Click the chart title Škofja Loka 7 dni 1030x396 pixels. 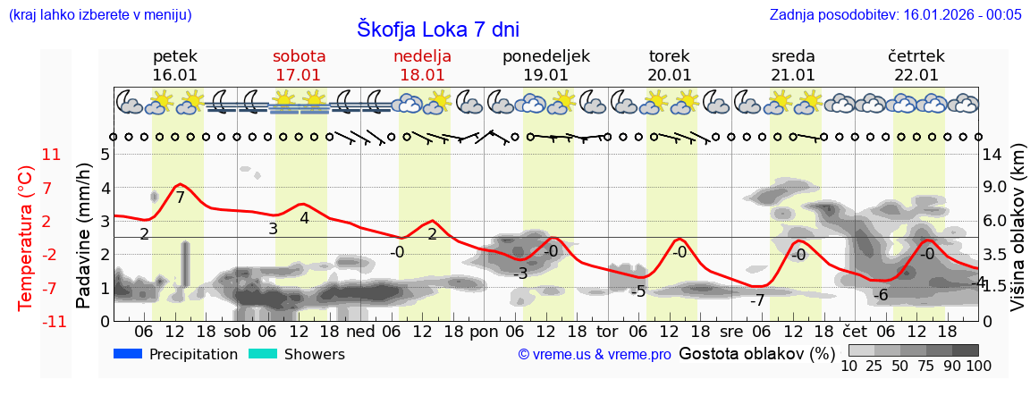(437, 28)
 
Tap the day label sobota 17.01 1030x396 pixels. (299, 65)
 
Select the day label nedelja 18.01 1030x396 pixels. (422, 65)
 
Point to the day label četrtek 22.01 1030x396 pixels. (916, 65)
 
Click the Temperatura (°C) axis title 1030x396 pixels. (26, 238)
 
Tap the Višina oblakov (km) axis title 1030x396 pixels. (1017, 237)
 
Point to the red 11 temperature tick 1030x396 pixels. (52, 155)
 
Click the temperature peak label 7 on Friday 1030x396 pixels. (180, 198)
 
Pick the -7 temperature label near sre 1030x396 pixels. (757, 299)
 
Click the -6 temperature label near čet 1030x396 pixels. (880, 295)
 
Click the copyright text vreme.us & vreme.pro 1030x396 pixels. (595, 355)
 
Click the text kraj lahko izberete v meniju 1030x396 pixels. (99, 14)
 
